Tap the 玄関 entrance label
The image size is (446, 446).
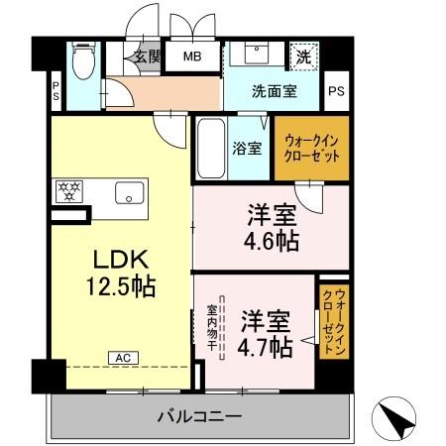coord(148,56)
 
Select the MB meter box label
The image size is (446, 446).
coord(192,56)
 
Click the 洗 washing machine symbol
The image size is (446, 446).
coord(304,56)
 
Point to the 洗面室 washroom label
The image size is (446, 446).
coord(273,92)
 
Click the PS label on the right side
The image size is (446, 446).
coord(337,92)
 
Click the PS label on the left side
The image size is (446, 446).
coord(56,92)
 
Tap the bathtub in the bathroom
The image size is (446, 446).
coord(210,148)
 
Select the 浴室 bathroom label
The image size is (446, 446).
coord(248,150)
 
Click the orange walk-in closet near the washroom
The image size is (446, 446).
coord(312,149)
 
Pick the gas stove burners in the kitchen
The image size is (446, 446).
coord(69,189)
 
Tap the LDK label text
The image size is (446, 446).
coord(121,260)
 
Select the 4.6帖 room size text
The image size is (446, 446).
coord(273,240)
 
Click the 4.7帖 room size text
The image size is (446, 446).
coord(266,348)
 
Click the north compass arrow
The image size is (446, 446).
coord(396,420)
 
